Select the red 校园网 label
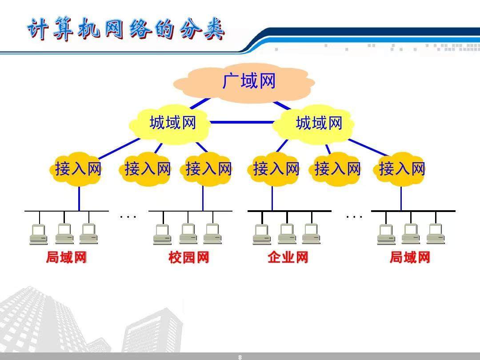click(188, 257)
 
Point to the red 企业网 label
click(288, 257)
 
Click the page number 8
click(240, 357)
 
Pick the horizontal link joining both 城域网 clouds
click(241, 122)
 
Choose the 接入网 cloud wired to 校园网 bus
click(208, 169)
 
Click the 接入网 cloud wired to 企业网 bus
click(276, 169)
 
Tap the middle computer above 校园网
click(188, 234)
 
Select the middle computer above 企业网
click(287, 234)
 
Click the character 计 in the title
click(37, 30)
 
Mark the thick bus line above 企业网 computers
click(289, 211)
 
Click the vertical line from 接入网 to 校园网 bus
click(203, 198)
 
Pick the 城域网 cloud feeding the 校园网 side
click(172, 123)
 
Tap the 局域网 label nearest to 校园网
click(66, 257)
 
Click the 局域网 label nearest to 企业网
click(410, 257)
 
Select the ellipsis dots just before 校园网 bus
click(128, 217)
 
